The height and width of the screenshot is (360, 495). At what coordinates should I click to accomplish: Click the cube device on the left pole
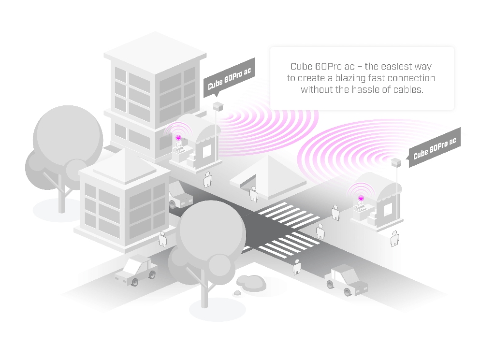click(218, 105)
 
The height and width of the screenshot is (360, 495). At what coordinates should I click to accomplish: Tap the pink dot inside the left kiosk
click(178, 138)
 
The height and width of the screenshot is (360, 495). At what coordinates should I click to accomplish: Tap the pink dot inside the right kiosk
click(361, 198)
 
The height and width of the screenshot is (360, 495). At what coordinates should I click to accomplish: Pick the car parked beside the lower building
click(180, 196)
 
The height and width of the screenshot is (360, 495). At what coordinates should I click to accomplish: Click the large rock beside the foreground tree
click(251, 283)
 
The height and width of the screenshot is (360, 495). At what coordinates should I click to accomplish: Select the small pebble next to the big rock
click(237, 293)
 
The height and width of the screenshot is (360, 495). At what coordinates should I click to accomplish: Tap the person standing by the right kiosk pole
click(394, 238)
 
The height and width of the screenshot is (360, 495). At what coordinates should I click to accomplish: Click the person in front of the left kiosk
click(208, 179)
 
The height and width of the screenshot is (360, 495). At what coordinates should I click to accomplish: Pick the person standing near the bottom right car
click(297, 267)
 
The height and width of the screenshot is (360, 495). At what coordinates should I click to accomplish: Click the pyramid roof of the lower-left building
click(118, 164)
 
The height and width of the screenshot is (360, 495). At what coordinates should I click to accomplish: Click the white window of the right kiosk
click(388, 210)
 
